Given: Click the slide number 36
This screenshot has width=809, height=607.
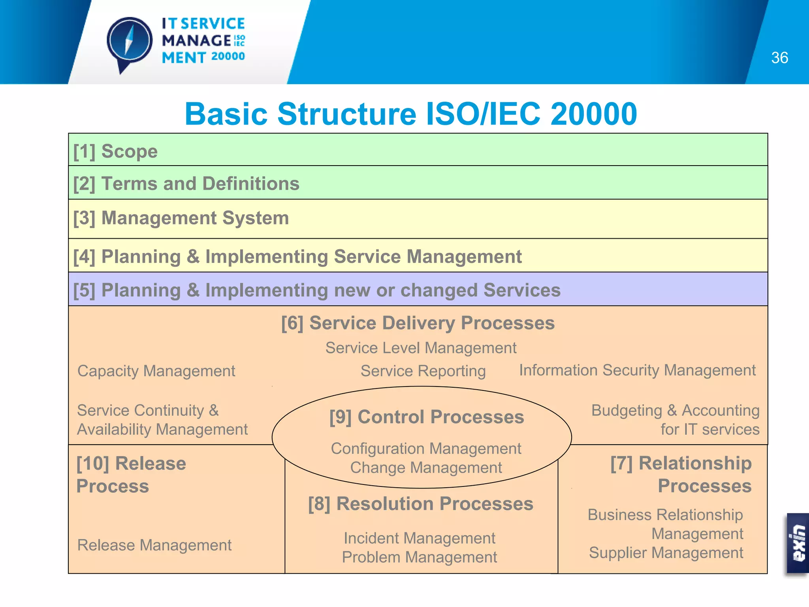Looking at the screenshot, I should pos(779,58).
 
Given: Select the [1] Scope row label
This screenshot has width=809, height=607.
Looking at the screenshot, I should pos(115,151).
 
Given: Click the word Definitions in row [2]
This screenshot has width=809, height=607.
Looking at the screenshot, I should pos(250,184).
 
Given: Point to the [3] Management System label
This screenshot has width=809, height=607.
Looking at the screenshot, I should pos(181,218).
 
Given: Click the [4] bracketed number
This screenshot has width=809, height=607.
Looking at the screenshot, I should pos(84,257).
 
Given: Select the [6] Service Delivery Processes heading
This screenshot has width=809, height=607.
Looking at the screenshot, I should pos(418,323).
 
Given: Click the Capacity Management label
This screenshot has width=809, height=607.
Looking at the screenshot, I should pos(156,371).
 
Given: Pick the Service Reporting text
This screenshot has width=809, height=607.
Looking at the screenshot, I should pos(423,371).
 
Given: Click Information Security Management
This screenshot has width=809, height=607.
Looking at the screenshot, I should pos(637,370).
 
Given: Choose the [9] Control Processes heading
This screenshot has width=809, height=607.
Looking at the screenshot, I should pos(426,417).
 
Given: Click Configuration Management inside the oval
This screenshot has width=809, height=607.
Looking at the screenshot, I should pos(426,449).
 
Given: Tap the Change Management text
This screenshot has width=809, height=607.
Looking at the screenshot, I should pos(426,468).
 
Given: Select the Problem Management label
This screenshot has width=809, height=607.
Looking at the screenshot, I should pos(419,557).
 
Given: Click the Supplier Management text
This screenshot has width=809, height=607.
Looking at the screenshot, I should pos(666,553).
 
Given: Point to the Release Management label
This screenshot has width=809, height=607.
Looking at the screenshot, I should pos(154,545).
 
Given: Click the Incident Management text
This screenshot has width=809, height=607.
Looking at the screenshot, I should pos(419,538).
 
